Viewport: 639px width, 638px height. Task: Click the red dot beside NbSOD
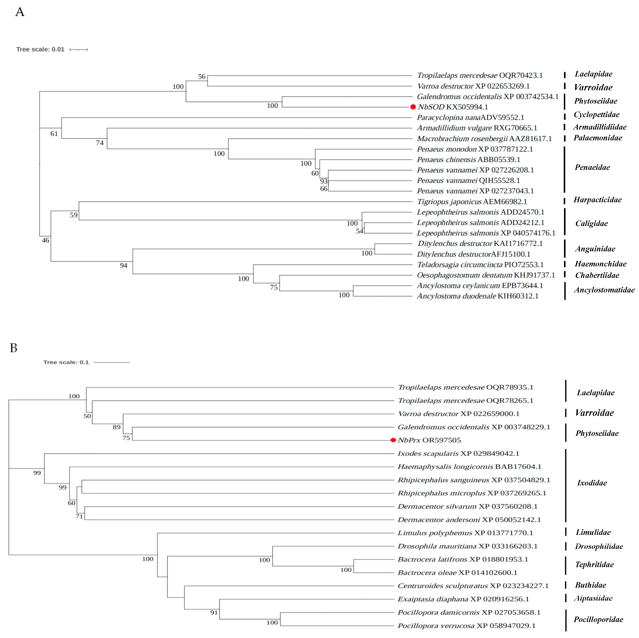pyautogui.click(x=413, y=107)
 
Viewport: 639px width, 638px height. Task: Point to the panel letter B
pyautogui.click(x=14, y=348)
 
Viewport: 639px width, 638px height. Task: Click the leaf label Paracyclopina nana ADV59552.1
pyautogui.click(x=470, y=117)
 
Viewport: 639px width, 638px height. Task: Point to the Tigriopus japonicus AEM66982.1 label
pyautogui.click(x=472, y=201)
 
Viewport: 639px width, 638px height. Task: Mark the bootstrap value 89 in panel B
pyautogui.click(x=116, y=427)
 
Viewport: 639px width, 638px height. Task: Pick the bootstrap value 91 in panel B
pyautogui.click(x=214, y=613)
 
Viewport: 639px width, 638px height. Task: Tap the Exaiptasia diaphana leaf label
pyautogui.click(x=463, y=599)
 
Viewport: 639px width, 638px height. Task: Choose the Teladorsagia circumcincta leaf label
pyautogui.click(x=480, y=265)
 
